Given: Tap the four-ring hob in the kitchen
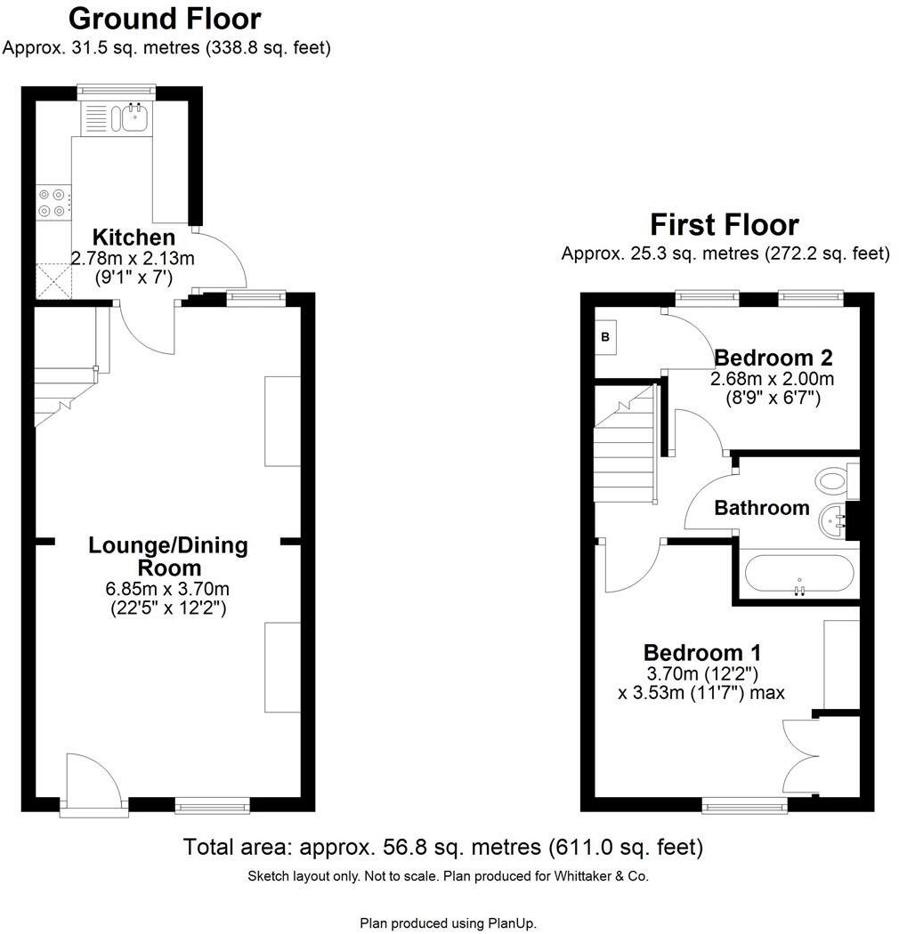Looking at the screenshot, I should click(52, 203).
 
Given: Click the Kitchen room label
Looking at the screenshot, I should click(134, 238).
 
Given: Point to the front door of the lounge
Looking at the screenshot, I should click(94, 783).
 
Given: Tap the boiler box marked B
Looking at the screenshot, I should click(606, 337).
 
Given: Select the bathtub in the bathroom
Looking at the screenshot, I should click(798, 575).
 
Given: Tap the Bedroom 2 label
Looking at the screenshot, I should click(773, 358).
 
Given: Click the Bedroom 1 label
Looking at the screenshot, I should click(702, 652).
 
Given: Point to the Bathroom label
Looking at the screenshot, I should click(762, 508).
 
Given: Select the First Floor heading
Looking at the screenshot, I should click(725, 223).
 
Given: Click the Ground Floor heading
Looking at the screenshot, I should click(165, 18).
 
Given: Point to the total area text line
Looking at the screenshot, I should click(442, 846).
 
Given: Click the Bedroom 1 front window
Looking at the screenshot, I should click(744, 805).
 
